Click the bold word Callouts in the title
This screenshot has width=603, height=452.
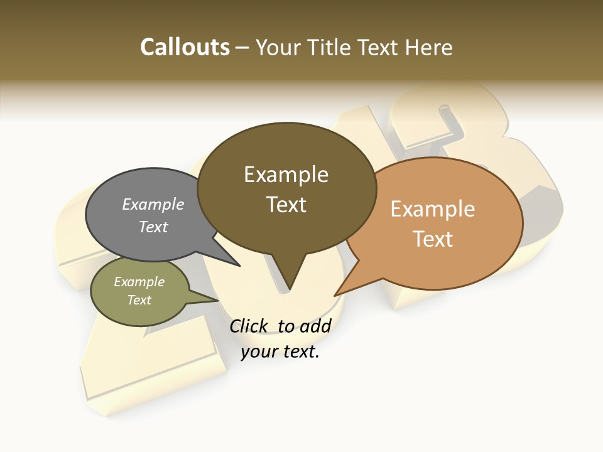point(185,47)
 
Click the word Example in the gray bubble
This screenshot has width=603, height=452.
point(153,205)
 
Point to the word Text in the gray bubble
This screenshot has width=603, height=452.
point(153,227)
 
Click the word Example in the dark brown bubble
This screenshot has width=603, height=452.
point(286,175)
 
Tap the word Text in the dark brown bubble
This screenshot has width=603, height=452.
point(286,205)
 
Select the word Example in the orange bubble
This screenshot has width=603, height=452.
point(433,209)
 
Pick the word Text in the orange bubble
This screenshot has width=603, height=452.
point(433,239)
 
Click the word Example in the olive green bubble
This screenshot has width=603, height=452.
point(139,282)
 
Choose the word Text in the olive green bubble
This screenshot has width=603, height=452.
point(139,300)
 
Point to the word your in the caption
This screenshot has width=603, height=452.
point(258,352)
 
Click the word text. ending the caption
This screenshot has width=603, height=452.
point(300,352)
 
